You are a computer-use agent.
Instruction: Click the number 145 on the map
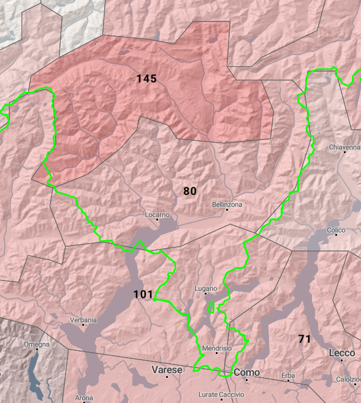pyautogui.click(x=146, y=78)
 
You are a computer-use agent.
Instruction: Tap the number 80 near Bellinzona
pyautogui.click(x=190, y=191)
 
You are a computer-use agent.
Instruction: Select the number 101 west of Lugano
pyautogui.click(x=143, y=295)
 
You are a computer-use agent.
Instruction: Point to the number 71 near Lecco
pyautogui.click(x=305, y=339)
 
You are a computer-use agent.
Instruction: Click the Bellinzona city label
pyautogui.click(x=227, y=204)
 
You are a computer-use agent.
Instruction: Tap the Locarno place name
pyautogui.click(x=157, y=215)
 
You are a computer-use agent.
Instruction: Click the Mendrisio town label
pyautogui.click(x=217, y=348)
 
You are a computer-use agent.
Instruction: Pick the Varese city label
pyautogui.click(x=167, y=370)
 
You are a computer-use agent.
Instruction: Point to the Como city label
pyautogui.click(x=246, y=372)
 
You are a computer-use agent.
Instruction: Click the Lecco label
pyautogui.click(x=342, y=353)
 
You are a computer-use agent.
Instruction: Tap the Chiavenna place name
pyautogui.click(x=344, y=148)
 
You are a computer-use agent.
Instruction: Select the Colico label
pyautogui.click(x=336, y=230)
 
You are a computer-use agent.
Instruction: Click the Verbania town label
pyautogui.click(x=83, y=320)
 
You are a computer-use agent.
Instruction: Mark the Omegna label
pyautogui.click(x=36, y=345)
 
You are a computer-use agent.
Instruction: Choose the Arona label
pyautogui.click(x=84, y=398)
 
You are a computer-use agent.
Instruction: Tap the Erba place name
pyautogui.click(x=288, y=375)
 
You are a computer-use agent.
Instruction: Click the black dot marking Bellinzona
pyautogui.click(x=227, y=210)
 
